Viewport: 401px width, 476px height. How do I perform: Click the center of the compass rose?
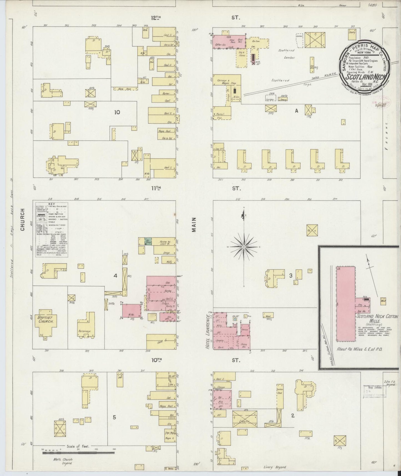click(x=243, y=247)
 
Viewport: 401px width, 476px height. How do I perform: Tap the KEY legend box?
click(x=52, y=229)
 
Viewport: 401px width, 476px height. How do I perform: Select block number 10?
click(x=117, y=112)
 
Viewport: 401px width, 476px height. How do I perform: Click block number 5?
click(x=114, y=417)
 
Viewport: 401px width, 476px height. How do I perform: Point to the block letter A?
click(x=297, y=111)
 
